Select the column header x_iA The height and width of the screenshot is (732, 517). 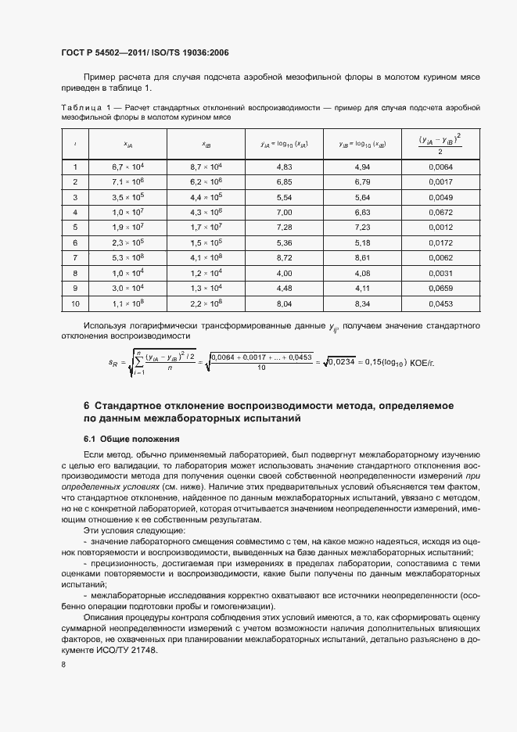pos(127,144)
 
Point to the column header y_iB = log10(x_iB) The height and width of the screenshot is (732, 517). pos(361,144)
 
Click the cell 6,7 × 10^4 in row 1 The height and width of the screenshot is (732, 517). pos(127,167)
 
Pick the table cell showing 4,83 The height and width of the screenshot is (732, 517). pos(285,167)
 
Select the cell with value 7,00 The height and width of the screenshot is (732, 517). pos(285,212)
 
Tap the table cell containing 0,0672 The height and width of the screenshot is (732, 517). pos(440,212)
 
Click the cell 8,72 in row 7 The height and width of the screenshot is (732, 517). pos(285,257)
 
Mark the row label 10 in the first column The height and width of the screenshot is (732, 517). pos(76,303)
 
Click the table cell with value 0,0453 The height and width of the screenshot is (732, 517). pos(440,303)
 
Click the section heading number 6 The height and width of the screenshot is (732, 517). pos(87,405)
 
